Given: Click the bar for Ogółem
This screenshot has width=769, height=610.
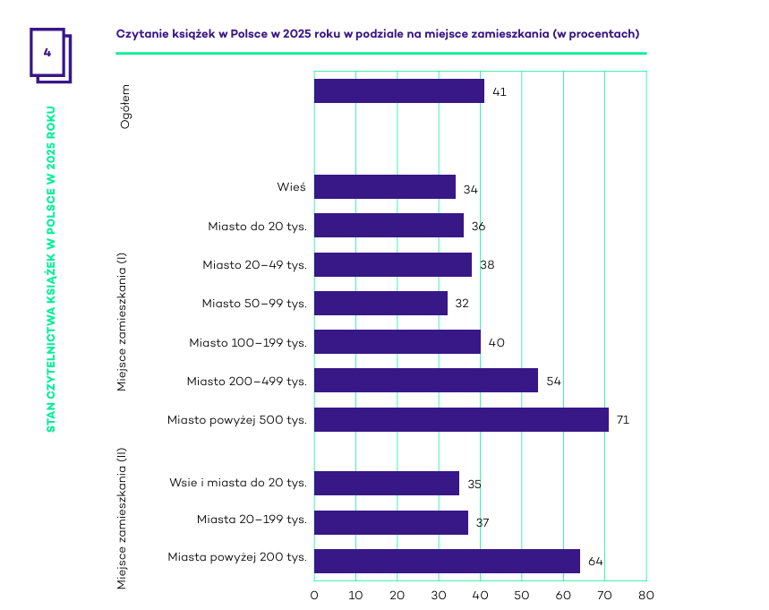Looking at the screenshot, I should [x=399, y=91].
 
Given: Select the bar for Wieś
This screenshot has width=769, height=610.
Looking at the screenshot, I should [x=385, y=187].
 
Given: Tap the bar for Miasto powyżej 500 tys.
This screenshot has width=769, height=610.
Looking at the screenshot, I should [x=461, y=419].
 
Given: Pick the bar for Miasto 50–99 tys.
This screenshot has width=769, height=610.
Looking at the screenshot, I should [x=380, y=304].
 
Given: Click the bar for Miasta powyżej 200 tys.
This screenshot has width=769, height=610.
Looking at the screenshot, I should [x=447, y=562].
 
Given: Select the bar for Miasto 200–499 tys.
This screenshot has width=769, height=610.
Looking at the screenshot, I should [x=426, y=381].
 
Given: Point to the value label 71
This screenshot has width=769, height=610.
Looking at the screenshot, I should [x=623, y=420].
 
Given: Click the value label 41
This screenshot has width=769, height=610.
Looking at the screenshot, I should [x=499, y=92].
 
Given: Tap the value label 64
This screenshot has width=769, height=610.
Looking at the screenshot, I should [x=595, y=563].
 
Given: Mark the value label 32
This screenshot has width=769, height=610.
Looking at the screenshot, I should [x=462, y=305].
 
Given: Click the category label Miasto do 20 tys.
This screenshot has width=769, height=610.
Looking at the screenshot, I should [x=257, y=227].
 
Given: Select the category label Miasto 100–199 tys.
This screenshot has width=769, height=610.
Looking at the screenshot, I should [x=248, y=342].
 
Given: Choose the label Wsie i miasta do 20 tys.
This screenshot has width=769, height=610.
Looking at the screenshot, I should [x=238, y=483].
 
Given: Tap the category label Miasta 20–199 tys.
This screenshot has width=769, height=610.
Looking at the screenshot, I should [x=252, y=520].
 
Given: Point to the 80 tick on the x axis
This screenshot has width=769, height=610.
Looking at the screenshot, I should [x=646, y=595].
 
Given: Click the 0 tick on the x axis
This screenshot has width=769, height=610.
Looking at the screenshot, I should [x=314, y=595].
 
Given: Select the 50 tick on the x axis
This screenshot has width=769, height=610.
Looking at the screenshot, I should [x=522, y=595].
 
